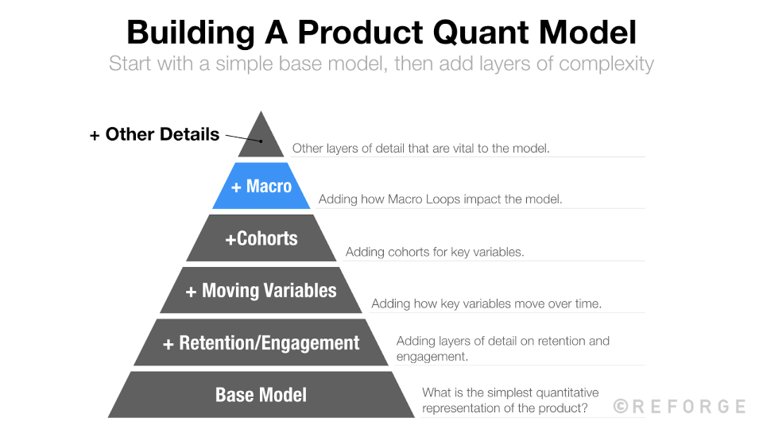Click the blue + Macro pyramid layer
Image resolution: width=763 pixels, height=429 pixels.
pyautogui.click(x=261, y=187)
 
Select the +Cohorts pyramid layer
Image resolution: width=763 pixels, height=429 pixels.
pyautogui.click(x=261, y=238)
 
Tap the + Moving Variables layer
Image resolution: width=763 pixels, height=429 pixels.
pyautogui.click(x=261, y=291)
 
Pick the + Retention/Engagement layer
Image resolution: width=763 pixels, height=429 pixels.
pyautogui.click(x=261, y=343)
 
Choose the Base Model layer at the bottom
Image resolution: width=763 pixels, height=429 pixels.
pyautogui.click(x=261, y=395)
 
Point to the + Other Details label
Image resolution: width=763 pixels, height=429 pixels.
pyautogui.click(x=154, y=134)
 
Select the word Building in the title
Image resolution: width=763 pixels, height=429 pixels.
pyautogui.click(x=187, y=33)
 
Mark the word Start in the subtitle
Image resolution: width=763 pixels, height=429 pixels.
pyautogui.click(x=132, y=64)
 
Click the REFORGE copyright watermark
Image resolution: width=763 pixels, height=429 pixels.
pyautogui.click(x=680, y=406)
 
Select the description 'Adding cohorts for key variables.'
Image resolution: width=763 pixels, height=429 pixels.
pyautogui.click(x=435, y=253)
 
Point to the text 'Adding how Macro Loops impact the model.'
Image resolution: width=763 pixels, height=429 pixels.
pyautogui.click(x=440, y=199)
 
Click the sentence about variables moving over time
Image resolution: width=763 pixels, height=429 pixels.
pyautogui.click(x=486, y=304)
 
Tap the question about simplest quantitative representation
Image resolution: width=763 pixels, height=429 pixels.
pyautogui.click(x=510, y=400)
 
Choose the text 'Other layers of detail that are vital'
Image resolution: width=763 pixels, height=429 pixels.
pyautogui.click(x=420, y=148)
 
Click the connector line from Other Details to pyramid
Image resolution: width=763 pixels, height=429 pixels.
pyautogui.click(x=242, y=138)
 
